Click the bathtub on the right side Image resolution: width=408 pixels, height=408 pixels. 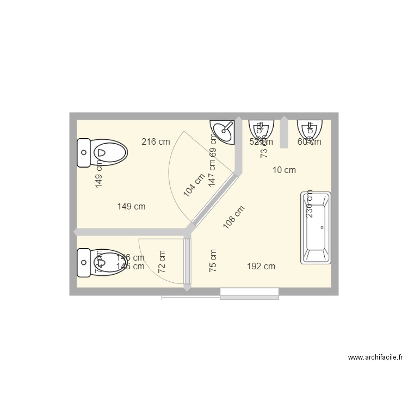pos(316,228)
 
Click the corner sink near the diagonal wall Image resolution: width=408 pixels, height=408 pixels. pos(224,131)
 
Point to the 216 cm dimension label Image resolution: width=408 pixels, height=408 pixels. pos(156,142)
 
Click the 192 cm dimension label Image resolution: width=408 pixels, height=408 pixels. pos(261,267)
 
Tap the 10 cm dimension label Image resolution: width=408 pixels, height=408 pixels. pos(284,170)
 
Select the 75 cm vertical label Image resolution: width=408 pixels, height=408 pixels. pos(213,261)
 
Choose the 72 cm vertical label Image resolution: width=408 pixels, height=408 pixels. pos(162,262)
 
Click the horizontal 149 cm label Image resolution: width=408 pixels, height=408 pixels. pos(132,207)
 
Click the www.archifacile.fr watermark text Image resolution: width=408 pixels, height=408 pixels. pos(375,358)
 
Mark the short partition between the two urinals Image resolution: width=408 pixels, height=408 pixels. pos(283,132)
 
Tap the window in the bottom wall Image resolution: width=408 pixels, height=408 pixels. pos(249,294)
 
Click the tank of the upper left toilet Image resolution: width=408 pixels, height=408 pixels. pos(84,153)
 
